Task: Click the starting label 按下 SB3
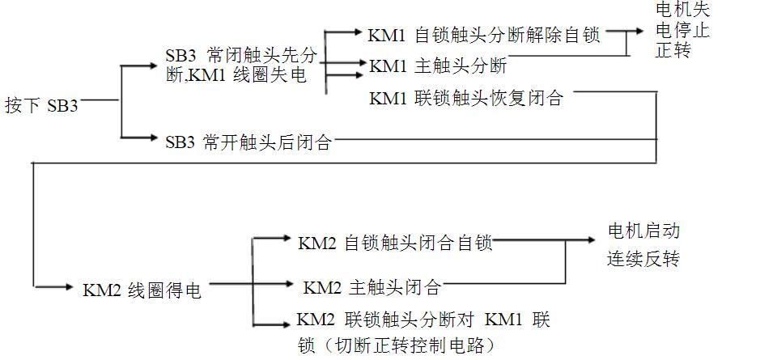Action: [42, 105]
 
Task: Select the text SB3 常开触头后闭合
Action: [248, 142]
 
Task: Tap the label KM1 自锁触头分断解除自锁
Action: [483, 36]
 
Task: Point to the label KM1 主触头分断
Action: [438, 66]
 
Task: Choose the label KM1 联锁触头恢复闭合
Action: [466, 98]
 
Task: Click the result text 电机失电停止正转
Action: [682, 30]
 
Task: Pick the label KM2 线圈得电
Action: [142, 290]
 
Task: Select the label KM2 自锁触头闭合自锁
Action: [395, 244]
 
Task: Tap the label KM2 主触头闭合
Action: [372, 287]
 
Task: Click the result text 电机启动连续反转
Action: [643, 245]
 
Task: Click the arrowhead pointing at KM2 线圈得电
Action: [69, 286]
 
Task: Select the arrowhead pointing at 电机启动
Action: [591, 240]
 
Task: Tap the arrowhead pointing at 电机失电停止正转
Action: [639, 31]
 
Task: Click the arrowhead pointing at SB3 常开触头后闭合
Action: [152, 138]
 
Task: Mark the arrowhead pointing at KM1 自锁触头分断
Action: [358, 32]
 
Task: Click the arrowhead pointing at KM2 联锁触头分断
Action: [286, 324]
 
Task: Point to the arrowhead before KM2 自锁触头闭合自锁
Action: [287, 238]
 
